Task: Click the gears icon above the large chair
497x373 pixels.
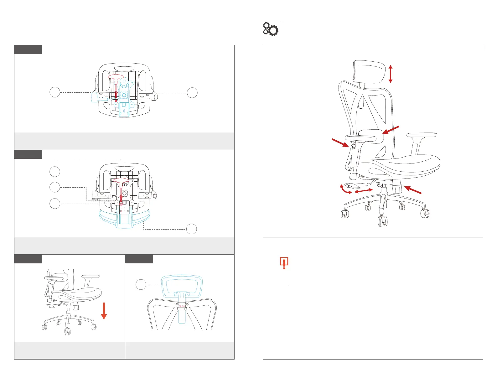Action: (x=270, y=29)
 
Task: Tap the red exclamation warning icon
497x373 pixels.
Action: (x=284, y=263)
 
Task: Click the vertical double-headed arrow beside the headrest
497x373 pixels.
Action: (x=390, y=74)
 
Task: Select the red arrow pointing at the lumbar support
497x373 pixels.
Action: (x=391, y=130)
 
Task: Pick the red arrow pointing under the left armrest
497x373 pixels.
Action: (x=340, y=143)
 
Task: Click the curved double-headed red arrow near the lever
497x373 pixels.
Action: (x=345, y=190)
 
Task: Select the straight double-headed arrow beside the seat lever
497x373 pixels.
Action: (x=363, y=190)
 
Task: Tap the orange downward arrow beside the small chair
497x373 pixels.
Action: (x=104, y=311)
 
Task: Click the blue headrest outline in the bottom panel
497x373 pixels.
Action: (x=182, y=287)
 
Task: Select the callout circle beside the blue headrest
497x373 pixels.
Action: (x=141, y=285)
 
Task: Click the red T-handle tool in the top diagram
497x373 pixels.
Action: (x=116, y=77)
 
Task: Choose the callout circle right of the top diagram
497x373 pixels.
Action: (x=192, y=93)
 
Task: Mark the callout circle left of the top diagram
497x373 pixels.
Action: (x=55, y=93)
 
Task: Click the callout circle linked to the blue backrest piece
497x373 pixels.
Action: (x=192, y=229)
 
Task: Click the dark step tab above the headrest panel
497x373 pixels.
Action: (x=139, y=259)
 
